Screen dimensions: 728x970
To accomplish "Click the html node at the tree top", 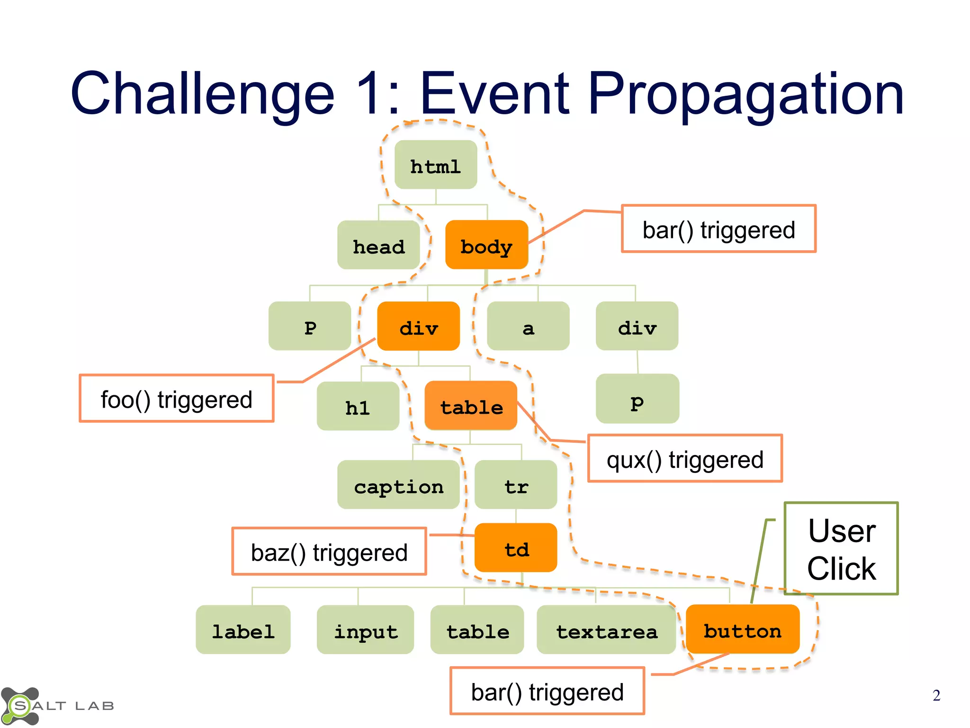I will click(436, 165).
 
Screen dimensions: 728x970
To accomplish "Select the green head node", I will click(378, 246).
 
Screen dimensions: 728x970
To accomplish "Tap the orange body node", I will click(486, 245).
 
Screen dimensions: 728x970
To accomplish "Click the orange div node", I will click(418, 327).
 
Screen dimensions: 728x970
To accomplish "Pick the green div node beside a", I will click(637, 327).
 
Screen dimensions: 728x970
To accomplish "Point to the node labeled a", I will click(528, 327).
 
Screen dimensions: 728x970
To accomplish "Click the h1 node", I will click(358, 407).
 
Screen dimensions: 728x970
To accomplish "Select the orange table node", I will click(471, 406).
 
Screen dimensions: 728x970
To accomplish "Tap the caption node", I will click(398, 485).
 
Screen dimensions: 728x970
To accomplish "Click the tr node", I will click(516, 485).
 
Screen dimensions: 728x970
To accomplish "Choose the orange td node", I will click(516, 548).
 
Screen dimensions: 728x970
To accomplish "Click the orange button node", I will click(742, 630).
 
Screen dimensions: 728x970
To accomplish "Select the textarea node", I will click(606, 630).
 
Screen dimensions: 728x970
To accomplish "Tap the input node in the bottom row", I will click(365, 630).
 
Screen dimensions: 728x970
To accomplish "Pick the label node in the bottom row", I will click(243, 630).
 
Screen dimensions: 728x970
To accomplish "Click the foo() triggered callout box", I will click(177, 399).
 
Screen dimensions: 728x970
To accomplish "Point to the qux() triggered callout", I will click(685, 459).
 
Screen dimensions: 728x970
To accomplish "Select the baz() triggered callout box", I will click(329, 552).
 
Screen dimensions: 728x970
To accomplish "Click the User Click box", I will click(841, 548).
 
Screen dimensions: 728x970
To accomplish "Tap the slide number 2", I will click(936, 695).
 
